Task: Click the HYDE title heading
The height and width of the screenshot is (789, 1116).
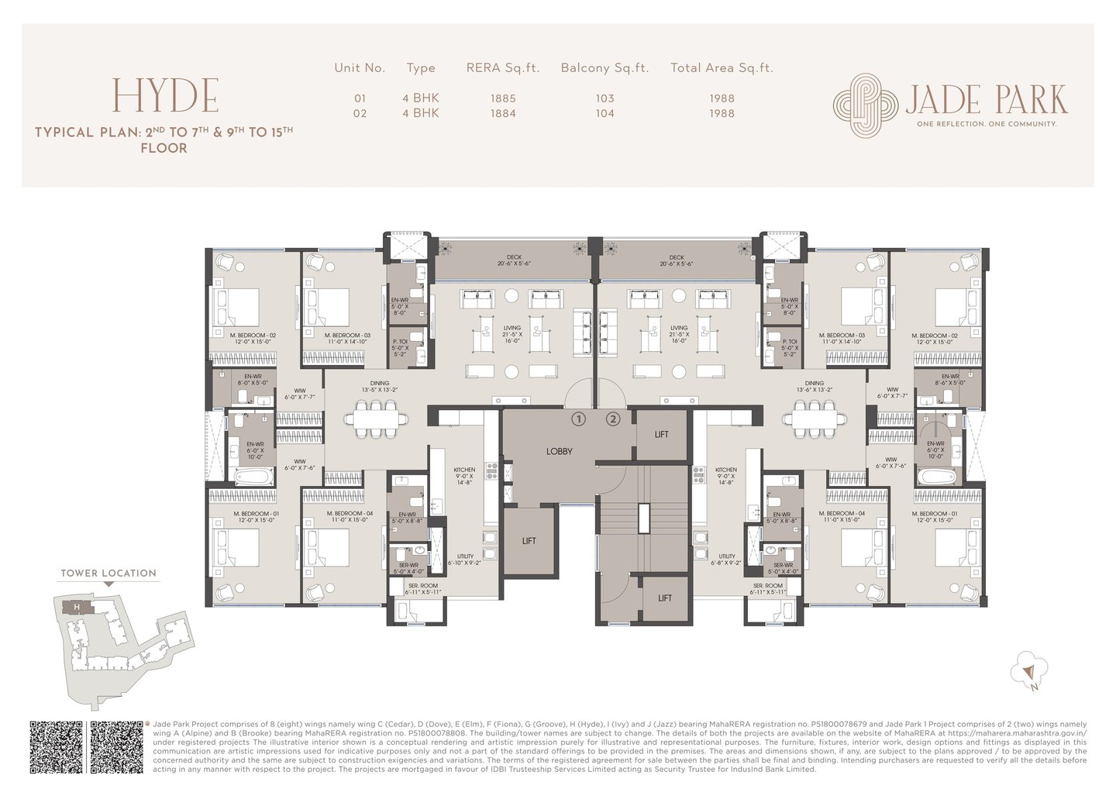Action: tap(165, 95)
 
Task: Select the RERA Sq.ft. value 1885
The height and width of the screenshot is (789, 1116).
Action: tap(502, 98)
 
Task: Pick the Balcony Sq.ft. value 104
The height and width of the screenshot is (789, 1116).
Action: tap(604, 113)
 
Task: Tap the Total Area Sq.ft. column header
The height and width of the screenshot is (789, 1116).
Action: tap(722, 68)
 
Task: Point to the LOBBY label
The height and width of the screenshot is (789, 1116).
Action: tap(559, 451)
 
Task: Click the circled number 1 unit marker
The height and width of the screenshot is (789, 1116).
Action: tap(578, 419)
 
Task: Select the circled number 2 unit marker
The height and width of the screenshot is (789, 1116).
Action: tap(613, 419)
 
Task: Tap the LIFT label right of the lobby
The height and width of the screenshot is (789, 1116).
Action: tap(661, 435)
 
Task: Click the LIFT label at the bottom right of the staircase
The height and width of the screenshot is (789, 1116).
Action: tap(665, 598)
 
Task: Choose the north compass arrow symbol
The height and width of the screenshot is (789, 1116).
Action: tap(1030, 670)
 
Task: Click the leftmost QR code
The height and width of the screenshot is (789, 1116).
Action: tap(56, 747)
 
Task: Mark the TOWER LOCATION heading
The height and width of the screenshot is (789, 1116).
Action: tap(108, 574)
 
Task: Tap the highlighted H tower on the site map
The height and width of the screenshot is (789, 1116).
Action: tap(77, 606)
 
